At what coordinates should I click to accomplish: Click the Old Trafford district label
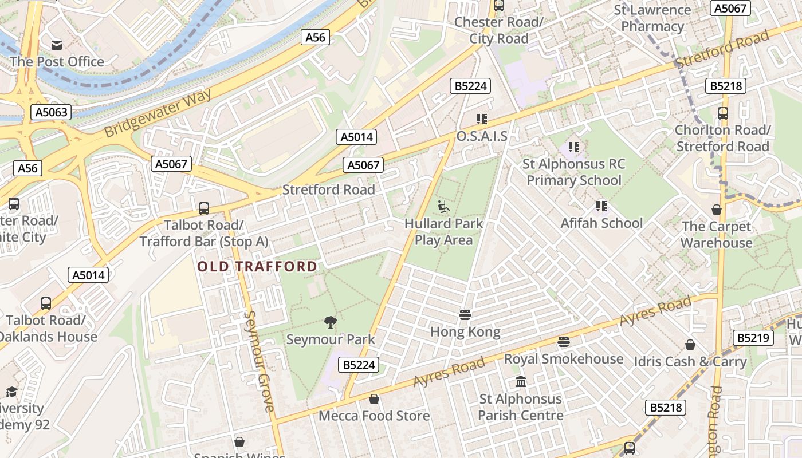257,266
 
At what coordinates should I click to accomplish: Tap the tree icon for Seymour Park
331,322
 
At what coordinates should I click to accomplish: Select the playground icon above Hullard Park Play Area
443,207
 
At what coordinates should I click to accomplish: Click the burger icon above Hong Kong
465,315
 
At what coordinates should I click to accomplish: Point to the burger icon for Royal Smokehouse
564,342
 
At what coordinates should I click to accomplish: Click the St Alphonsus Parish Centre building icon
521,381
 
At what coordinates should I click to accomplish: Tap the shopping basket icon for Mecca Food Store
374,399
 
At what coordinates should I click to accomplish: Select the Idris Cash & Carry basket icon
690,345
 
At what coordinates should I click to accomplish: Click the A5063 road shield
52,112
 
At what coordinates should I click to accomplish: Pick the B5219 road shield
753,338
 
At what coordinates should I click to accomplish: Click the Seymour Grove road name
258,361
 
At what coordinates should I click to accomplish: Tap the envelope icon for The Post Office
57,45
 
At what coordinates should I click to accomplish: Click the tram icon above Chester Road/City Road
499,6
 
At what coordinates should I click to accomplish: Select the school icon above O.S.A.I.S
482,119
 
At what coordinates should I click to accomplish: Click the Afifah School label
601,223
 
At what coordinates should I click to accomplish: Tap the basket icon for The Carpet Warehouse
717,210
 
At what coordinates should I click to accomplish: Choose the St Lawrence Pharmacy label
652,18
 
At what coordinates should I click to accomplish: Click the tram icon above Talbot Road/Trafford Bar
204,208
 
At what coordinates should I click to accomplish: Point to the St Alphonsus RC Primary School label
573,172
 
